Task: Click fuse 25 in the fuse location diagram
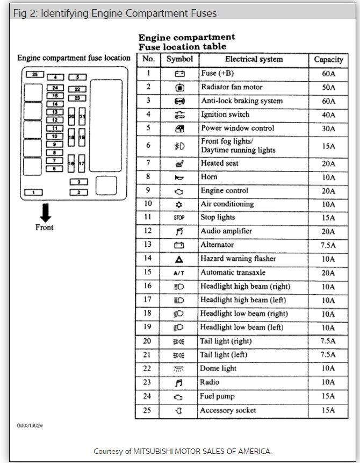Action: [x=34, y=75]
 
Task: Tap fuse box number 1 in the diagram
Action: [x=34, y=192]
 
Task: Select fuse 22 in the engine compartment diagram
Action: [x=77, y=89]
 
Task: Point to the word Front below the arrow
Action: [x=45, y=227]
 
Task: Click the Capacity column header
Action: [x=328, y=60]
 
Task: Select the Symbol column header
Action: [x=179, y=59]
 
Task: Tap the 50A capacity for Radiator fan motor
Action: [x=328, y=87]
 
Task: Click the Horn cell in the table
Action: [x=209, y=176]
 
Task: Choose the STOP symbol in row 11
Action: [x=179, y=218]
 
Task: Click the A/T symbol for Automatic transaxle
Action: [x=179, y=273]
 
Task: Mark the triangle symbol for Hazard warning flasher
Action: [x=179, y=259]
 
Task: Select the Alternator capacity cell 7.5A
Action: [x=328, y=245]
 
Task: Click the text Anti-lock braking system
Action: [x=242, y=101]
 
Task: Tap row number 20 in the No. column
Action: [x=147, y=341]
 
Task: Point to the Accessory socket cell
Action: [x=228, y=410]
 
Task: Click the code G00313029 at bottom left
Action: [x=30, y=426]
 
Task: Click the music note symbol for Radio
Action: [x=179, y=382]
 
